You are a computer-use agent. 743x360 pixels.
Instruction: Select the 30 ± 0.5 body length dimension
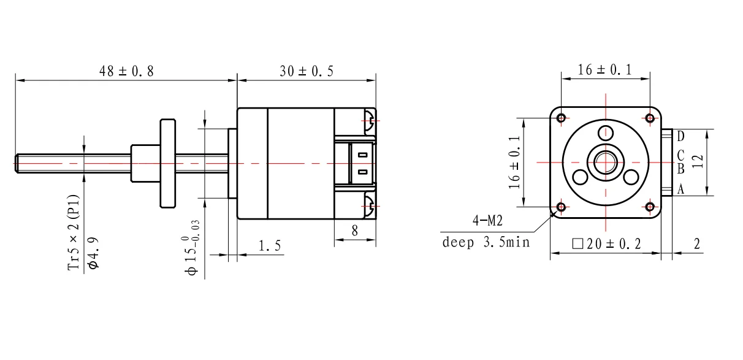tap(307, 71)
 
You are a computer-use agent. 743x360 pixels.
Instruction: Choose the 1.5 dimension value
tap(269, 246)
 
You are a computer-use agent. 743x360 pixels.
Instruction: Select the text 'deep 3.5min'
tap(486, 243)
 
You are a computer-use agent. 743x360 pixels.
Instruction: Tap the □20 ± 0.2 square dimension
tap(606, 243)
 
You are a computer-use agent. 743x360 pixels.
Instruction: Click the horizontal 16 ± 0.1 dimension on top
tap(605, 70)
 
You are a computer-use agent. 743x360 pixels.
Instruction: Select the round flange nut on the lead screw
tap(167, 163)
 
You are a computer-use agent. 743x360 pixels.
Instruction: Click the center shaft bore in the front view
tap(606, 162)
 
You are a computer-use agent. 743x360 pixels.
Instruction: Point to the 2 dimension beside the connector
tap(696, 243)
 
